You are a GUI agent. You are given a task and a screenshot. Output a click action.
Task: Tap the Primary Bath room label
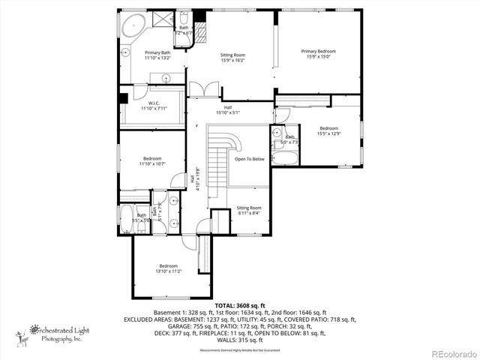[x=157, y=55]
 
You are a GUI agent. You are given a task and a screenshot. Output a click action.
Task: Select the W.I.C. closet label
[x=154, y=106]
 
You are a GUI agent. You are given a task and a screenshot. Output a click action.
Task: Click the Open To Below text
[x=249, y=159]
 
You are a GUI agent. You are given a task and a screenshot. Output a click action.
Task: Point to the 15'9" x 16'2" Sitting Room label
[x=232, y=57]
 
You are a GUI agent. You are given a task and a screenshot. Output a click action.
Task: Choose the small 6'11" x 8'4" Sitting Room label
[x=249, y=210]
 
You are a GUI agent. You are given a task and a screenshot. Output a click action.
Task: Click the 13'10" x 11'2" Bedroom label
[x=168, y=268]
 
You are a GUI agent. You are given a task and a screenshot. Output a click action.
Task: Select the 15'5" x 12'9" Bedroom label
[x=329, y=130]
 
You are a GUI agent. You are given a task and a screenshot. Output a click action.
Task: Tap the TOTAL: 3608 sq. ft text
[x=240, y=306]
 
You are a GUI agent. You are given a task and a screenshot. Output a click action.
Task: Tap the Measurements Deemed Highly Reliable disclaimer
[x=240, y=350]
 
